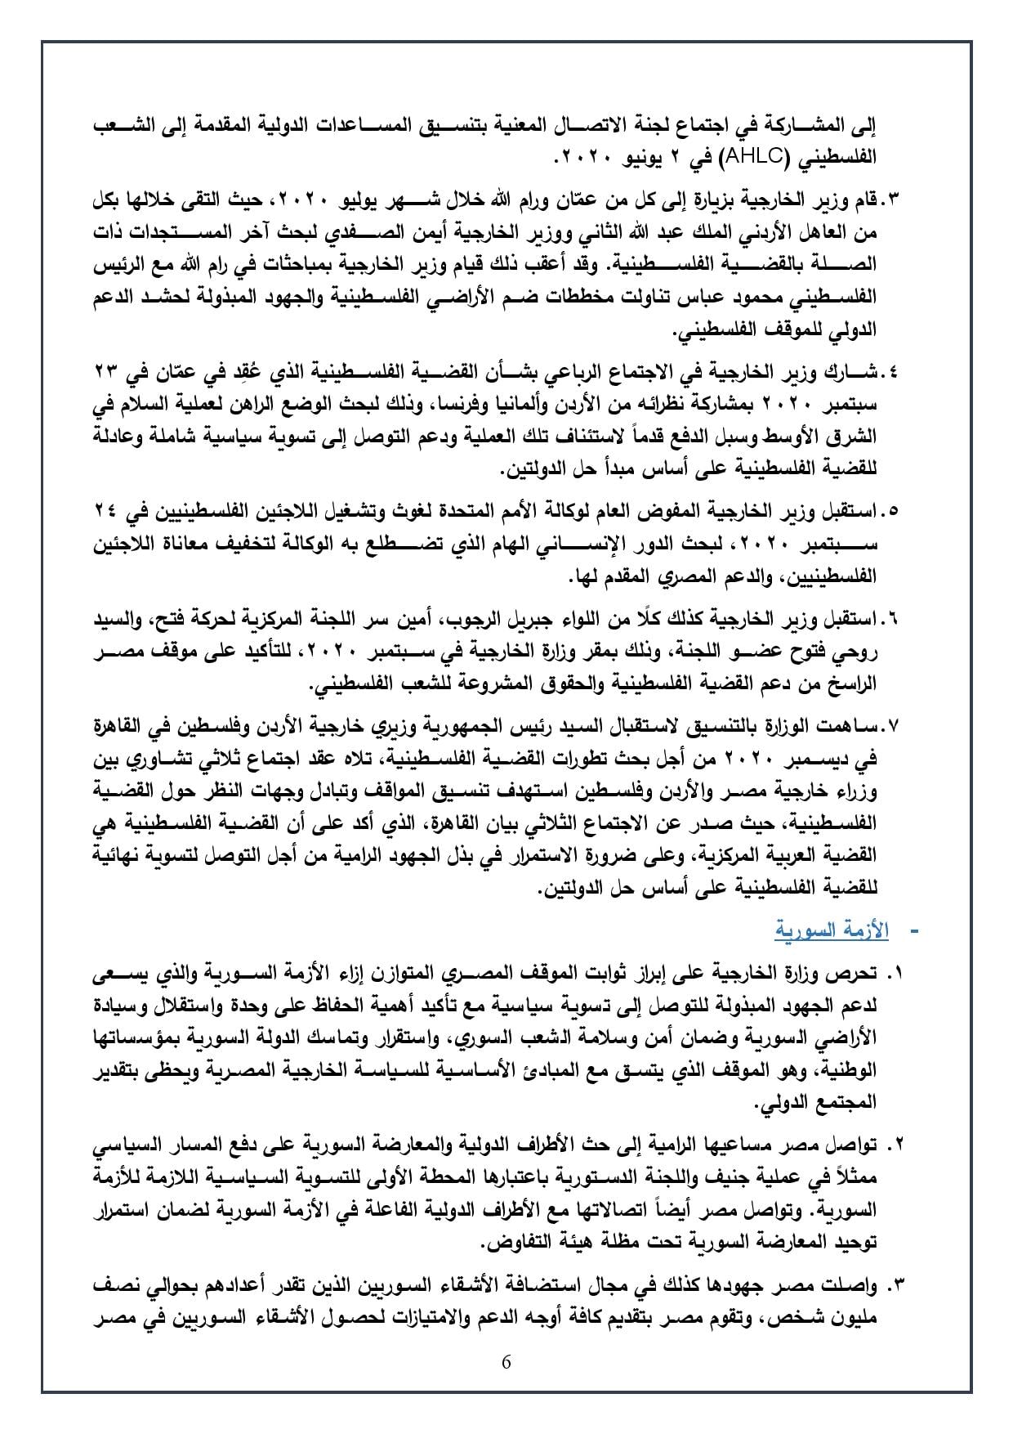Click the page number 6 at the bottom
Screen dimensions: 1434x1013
tap(506, 1362)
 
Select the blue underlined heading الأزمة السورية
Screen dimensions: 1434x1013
tap(830, 931)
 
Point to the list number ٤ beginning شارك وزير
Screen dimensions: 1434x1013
tap(892, 372)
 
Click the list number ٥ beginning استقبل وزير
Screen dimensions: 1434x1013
tap(892, 511)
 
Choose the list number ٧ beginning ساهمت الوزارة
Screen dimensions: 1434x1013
tap(892, 725)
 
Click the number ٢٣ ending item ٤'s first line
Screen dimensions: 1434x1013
tap(105, 372)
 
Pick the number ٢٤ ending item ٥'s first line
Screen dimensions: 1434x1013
tap(105, 511)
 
